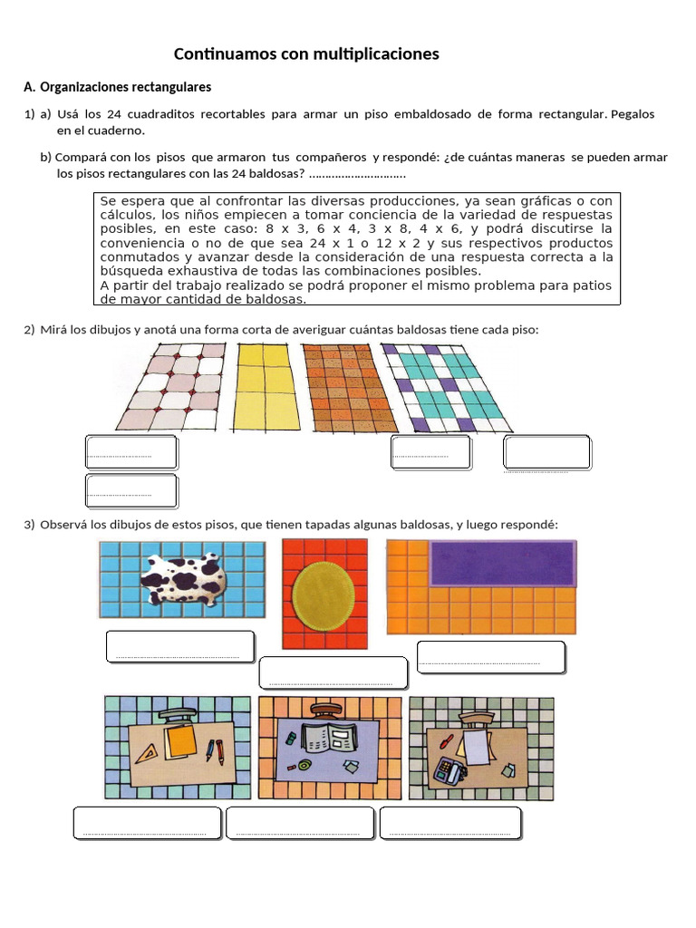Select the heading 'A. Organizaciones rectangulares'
[117, 87]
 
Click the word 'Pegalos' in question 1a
[633, 114]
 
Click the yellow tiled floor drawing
[267, 386]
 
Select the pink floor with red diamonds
[172, 386]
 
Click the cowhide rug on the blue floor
[186, 577]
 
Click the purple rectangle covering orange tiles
[502, 563]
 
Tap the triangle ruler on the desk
[144, 751]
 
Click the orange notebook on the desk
[182, 742]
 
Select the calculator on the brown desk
[448, 771]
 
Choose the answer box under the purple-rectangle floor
[490, 657]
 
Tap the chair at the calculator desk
[476, 720]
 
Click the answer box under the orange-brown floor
[430, 451]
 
